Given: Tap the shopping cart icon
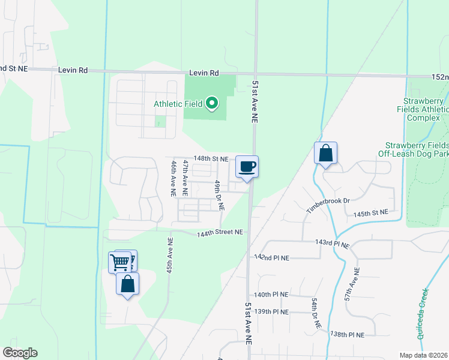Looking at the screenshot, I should [120, 262].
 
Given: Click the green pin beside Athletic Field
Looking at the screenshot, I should [211, 104].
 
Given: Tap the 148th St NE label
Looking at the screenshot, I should [211, 159].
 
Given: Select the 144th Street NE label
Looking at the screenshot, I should [220, 232].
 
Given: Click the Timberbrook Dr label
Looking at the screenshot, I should [328, 204].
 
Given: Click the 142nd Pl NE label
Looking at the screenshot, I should [271, 257].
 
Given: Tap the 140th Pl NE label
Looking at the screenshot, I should [271, 295].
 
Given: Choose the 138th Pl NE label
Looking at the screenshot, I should [348, 334].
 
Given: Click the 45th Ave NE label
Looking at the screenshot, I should [170, 255].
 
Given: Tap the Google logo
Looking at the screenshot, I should [20, 353].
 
